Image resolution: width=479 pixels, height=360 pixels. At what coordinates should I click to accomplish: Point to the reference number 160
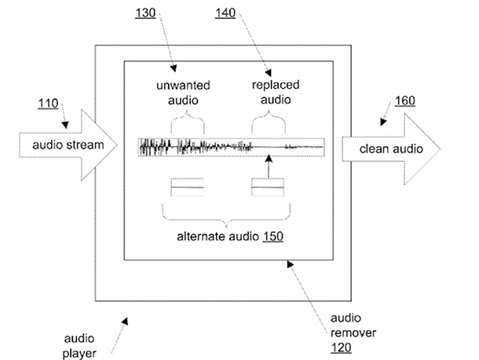[405, 101]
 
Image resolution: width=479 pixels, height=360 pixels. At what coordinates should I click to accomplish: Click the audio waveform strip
[231, 145]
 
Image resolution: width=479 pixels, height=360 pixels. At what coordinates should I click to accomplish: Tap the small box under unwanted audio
[187, 189]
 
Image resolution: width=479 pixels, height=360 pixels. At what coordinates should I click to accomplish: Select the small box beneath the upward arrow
[268, 189]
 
